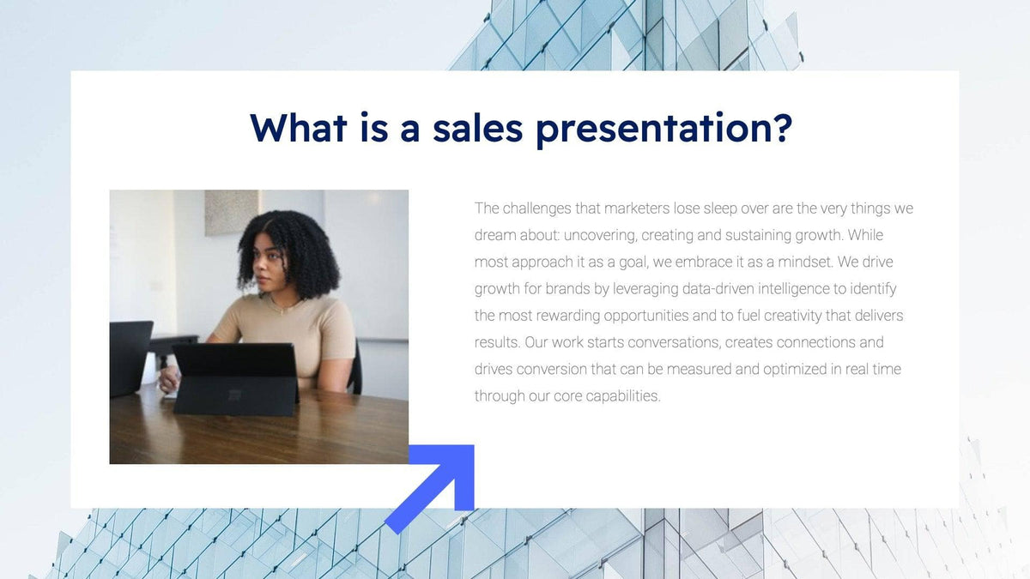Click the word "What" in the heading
298,127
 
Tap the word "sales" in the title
477,127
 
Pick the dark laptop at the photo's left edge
130,356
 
